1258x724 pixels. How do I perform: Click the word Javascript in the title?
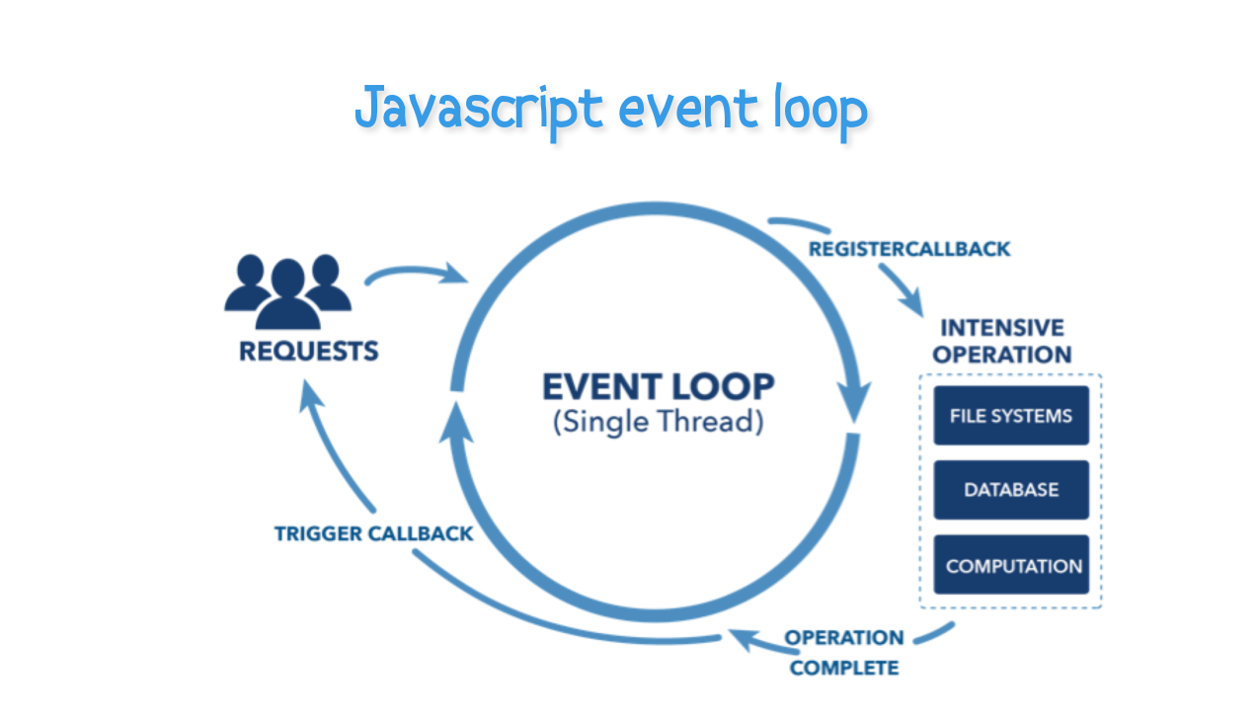pos(478,110)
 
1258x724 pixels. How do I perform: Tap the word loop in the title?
pos(817,110)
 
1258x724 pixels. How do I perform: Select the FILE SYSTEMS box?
pos(1010,416)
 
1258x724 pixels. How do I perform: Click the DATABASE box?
pos(1010,490)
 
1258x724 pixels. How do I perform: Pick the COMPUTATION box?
pos(1012,566)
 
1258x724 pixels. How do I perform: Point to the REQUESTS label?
pos(308,351)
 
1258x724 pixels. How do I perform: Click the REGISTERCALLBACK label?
pos(909,249)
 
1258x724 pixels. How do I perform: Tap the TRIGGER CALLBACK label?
pos(373,533)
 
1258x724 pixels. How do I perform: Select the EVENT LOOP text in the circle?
pos(659,385)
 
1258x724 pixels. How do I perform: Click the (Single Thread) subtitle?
pos(658,422)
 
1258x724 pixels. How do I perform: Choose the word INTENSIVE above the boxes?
pos(1001,328)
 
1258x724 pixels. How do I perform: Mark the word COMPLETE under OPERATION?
pos(844,669)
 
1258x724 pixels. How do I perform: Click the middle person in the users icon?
pos(287,293)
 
